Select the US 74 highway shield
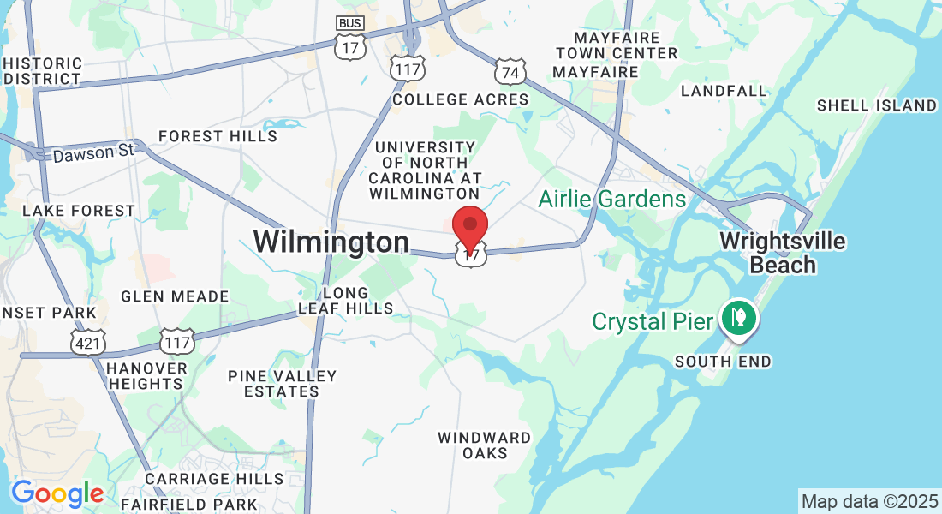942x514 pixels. (510, 72)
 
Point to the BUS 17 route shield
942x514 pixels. (349, 39)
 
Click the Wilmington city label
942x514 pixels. (331, 242)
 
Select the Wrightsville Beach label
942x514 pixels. (783, 253)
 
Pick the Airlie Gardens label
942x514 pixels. (612, 200)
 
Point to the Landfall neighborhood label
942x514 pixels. (724, 91)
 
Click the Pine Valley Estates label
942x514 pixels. (283, 384)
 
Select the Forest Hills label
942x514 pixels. (218, 136)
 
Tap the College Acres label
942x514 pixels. (461, 99)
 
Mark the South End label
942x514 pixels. (723, 362)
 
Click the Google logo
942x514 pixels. (57, 493)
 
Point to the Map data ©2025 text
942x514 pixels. (868, 500)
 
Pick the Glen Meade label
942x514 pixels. (175, 296)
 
